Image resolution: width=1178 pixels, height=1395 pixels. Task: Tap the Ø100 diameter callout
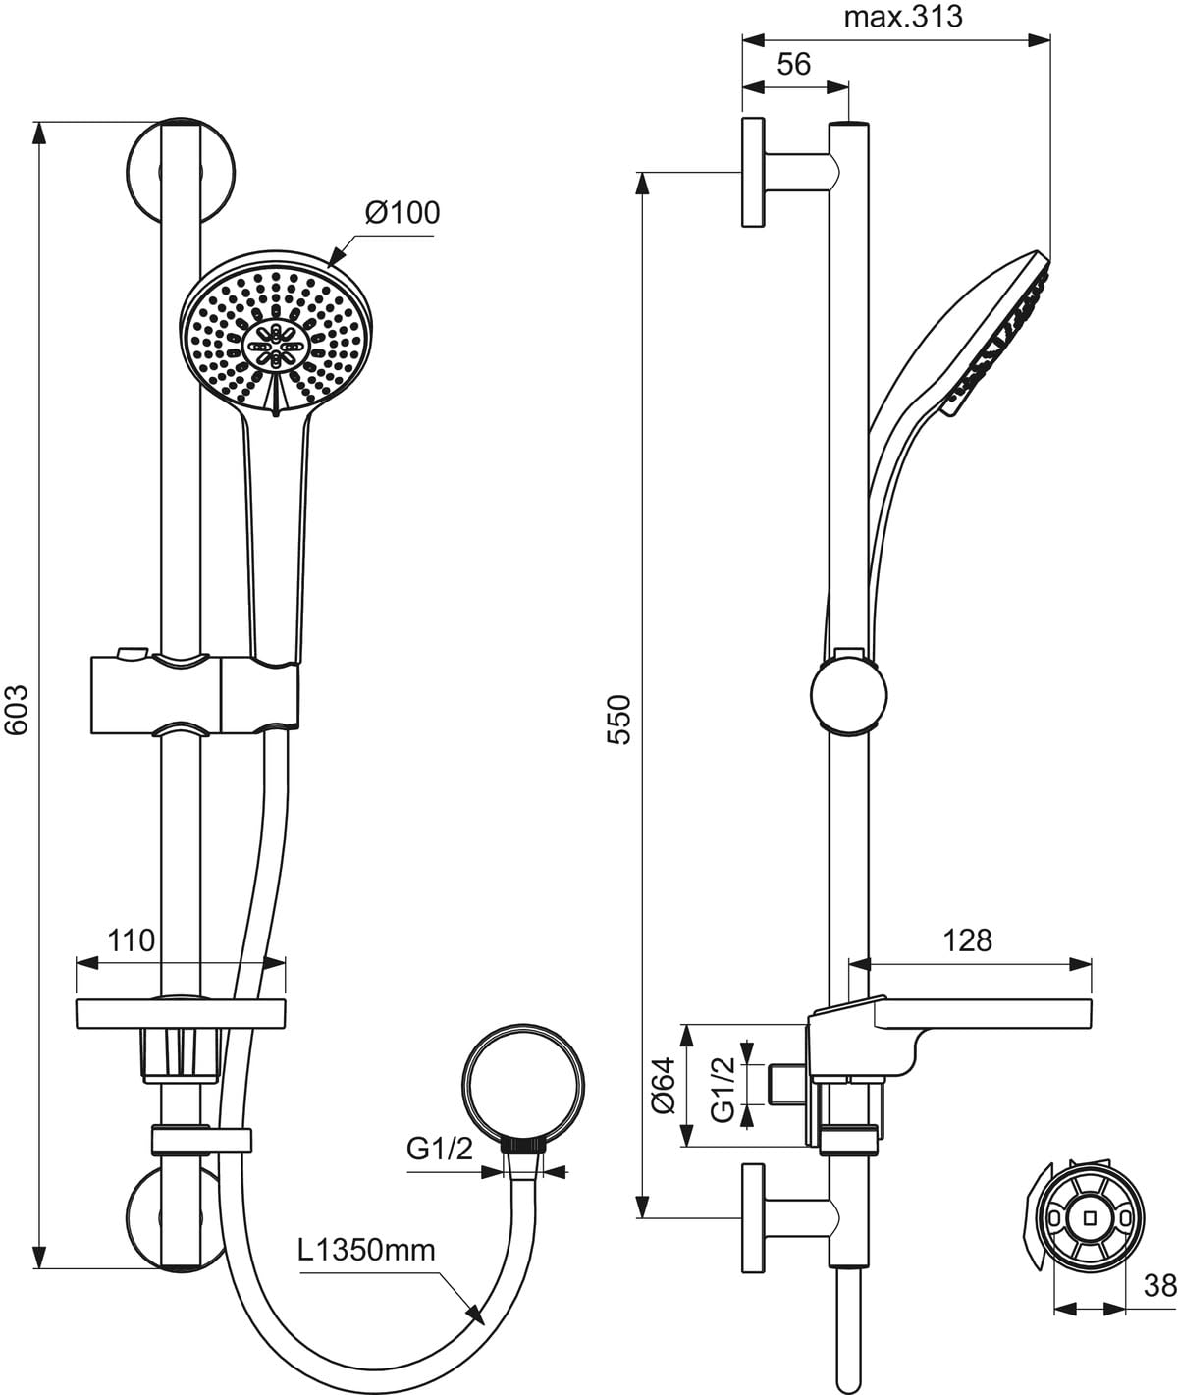(x=402, y=212)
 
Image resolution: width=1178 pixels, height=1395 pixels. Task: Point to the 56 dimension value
(x=793, y=64)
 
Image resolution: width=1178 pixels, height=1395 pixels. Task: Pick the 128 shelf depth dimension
(x=968, y=939)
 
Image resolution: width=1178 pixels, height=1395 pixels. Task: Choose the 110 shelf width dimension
(x=132, y=939)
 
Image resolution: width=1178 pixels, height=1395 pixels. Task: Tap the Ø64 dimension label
(x=665, y=1085)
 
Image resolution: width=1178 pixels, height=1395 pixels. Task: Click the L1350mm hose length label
(x=367, y=1250)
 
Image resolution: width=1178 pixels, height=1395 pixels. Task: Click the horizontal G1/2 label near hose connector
(x=440, y=1150)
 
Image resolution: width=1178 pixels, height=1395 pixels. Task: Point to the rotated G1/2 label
(x=723, y=1086)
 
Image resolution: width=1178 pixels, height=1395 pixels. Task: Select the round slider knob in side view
(x=850, y=693)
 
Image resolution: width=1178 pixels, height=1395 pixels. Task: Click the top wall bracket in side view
(x=776, y=173)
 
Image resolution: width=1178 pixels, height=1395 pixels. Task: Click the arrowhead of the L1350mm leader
(x=475, y=1313)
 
